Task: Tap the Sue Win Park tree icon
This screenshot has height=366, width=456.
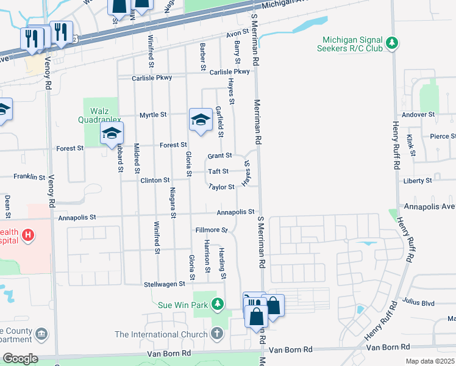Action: point(216,304)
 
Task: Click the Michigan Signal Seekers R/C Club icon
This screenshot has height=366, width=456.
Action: point(393,43)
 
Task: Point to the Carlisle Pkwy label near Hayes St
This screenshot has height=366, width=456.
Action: point(229,72)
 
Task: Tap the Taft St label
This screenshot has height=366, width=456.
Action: point(218,172)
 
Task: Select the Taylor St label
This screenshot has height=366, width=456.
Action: point(221,187)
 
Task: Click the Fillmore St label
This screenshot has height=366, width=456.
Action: point(211,231)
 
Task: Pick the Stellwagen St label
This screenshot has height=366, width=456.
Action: point(164,284)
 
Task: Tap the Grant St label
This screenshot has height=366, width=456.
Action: point(219,156)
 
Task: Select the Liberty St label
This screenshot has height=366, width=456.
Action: point(418,181)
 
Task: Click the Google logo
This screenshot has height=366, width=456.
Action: point(20,359)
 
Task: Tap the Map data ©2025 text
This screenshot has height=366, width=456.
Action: point(430,361)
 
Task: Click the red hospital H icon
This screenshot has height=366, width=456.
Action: point(27,234)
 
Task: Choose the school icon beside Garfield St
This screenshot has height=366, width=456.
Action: point(199,119)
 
